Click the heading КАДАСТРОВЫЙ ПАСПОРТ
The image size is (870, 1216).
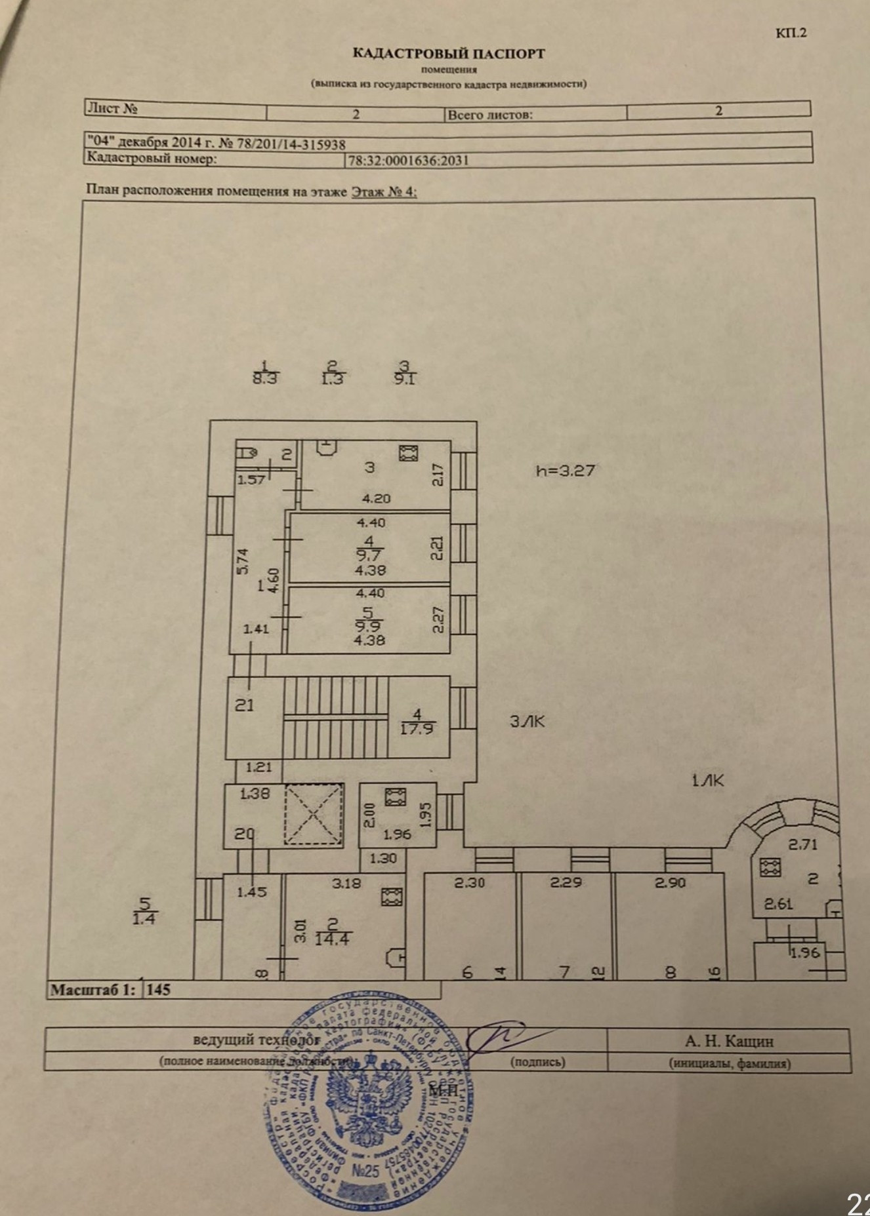(x=449, y=54)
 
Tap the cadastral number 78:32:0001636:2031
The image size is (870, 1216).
(x=408, y=160)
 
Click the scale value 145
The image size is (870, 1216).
(x=158, y=989)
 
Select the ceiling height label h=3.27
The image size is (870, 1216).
(x=565, y=470)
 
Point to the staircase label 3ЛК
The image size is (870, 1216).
(x=528, y=722)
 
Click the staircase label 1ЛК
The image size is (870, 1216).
(x=708, y=780)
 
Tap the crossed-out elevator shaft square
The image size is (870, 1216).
(x=314, y=816)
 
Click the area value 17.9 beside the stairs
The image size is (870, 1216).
(x=417, y=728)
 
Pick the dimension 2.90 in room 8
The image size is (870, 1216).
(x=670, y=882)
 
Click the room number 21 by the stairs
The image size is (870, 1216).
(x=244, y=705)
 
